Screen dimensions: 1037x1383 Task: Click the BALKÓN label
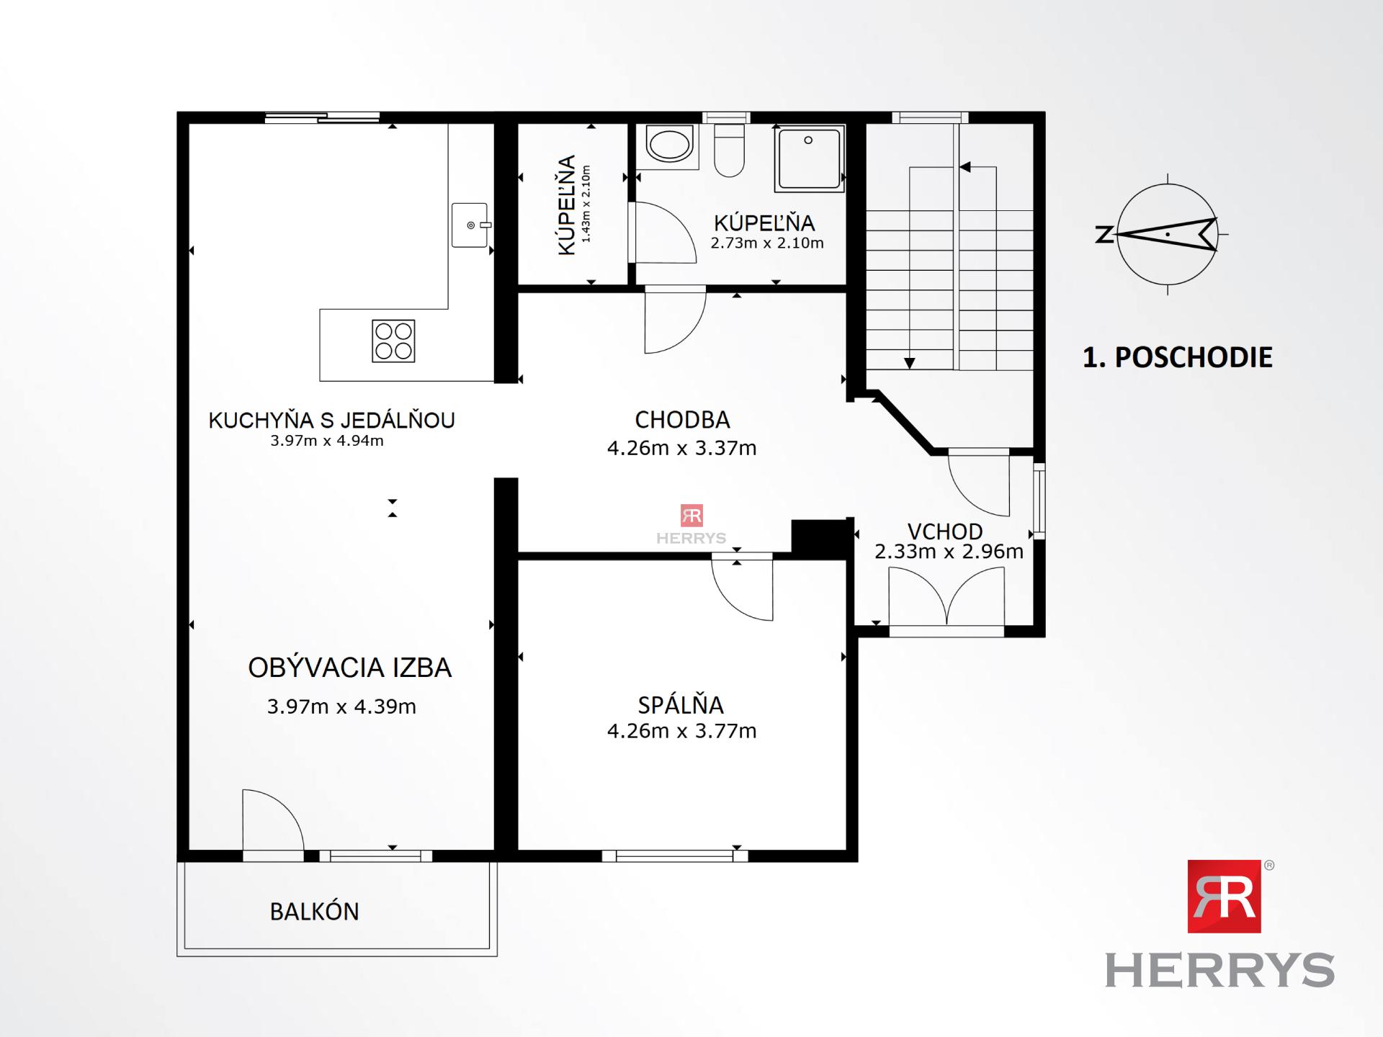pyautogui.click(x=314, y=912)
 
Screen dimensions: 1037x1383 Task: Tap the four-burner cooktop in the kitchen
pyautogui.click(x=393, y=341)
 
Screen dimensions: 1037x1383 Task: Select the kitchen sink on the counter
pyautogui.click(x=470, y=225)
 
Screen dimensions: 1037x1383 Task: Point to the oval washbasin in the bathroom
pyautogui.click(x=669, y=145)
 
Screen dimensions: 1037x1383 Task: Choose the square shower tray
pyautogui.click(x=809, y=158)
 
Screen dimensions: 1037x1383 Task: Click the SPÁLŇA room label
pyautogui.click(x=681, y=704)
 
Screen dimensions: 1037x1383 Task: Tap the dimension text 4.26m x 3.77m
pyautogui.click(x=681, y=731)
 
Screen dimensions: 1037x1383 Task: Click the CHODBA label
pyautogui.click(x=682, y=419)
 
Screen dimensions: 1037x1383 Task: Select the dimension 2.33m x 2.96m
pyautogui.click(x=949, y=552)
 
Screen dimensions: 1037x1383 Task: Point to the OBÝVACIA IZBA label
pyautogui.click(x=349, y=668)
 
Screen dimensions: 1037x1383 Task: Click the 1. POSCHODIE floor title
pyautogui.click(x=1178, y=357)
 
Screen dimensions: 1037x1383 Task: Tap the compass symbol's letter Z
pyautogui.click(x=1103, y=235)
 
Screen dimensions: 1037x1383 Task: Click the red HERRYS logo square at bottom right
pyautogui.click(x=1224, y=896)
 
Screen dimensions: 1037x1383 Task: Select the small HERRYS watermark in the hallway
pyautogui.click(x=691, y=525)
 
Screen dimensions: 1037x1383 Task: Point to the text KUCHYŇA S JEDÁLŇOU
pyautogui.click(x=331, y=420)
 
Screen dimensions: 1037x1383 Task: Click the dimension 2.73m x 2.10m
pyautogui.click(x=767, y=243)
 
